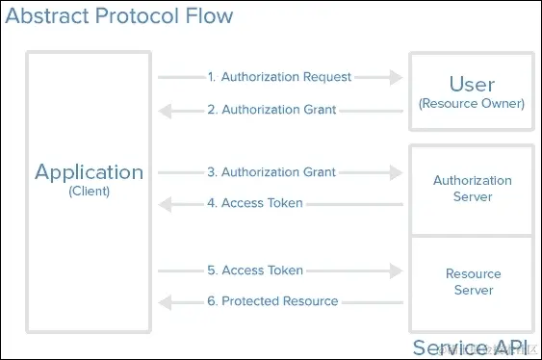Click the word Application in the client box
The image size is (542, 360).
click(x=89, y=172)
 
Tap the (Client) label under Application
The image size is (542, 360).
click(x=89, y=192)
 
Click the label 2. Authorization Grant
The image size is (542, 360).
click(x=278, y=110)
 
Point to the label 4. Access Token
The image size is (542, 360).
click(x=262, y=203)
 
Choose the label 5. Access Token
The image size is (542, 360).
click(x=262, y=270)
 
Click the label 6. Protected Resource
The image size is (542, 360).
click(x=279, y=301)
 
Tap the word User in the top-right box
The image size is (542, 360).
click(x=472, y=83)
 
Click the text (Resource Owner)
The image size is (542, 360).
click(x=472, y=103)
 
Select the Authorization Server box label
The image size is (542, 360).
click(x=472, y=189)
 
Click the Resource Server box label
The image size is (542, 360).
click(x=472, y=282)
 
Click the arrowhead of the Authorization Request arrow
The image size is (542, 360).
click(x=395, y=77)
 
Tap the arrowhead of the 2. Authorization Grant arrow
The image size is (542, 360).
click(x=166, y=110)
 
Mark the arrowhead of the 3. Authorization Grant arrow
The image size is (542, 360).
click(x=395, y=172)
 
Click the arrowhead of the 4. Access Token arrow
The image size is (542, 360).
click(x=166, y=203)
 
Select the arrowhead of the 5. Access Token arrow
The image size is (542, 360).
click(x=395, y=270)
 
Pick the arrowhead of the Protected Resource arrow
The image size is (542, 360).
click(x=166, y=301)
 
